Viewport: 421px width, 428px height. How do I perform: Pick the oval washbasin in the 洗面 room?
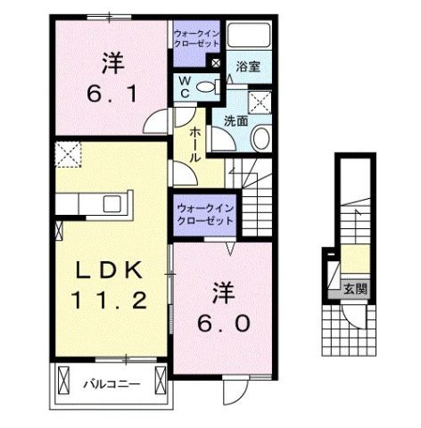tap(260, 138)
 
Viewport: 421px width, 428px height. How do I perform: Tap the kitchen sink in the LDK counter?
tap(114, 202)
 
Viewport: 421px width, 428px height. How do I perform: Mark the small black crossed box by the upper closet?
tap(214, 62)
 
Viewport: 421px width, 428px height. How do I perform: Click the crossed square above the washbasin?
tap(261, 101)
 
